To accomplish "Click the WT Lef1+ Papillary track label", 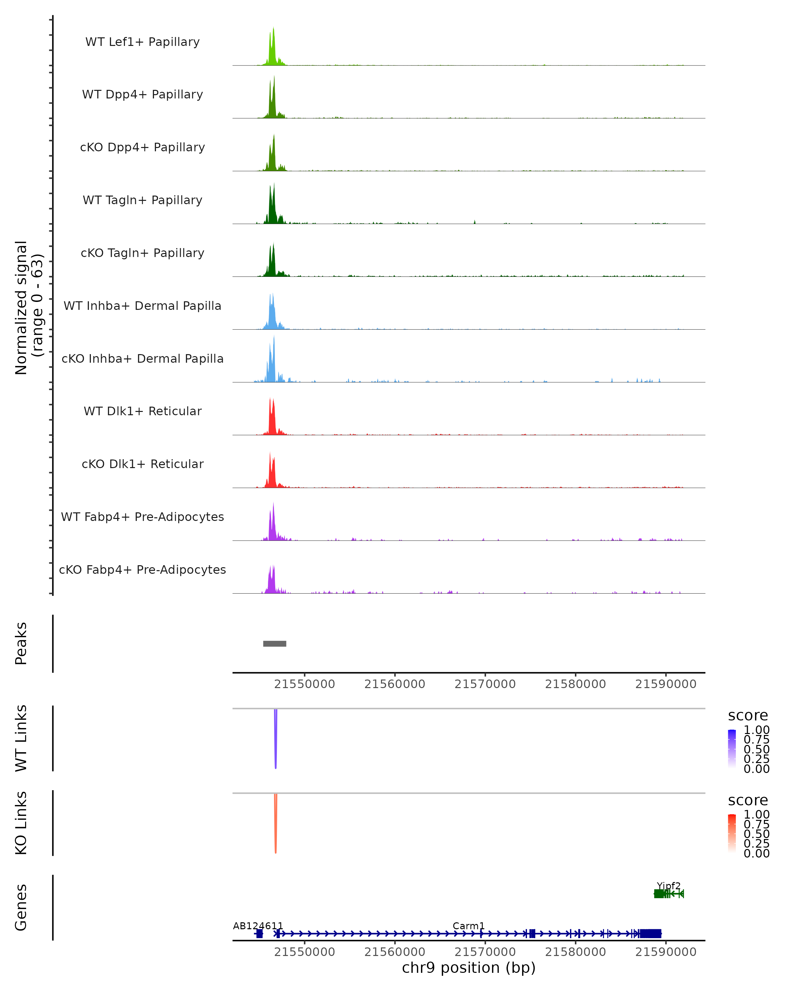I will (x=142, y=42).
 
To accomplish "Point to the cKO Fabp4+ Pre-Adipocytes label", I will (x=142, y=569).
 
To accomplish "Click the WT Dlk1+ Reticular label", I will (x=142, y=411).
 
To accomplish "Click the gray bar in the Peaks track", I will (x=275, y=643).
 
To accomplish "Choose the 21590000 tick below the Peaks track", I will (x=666, y=684).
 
